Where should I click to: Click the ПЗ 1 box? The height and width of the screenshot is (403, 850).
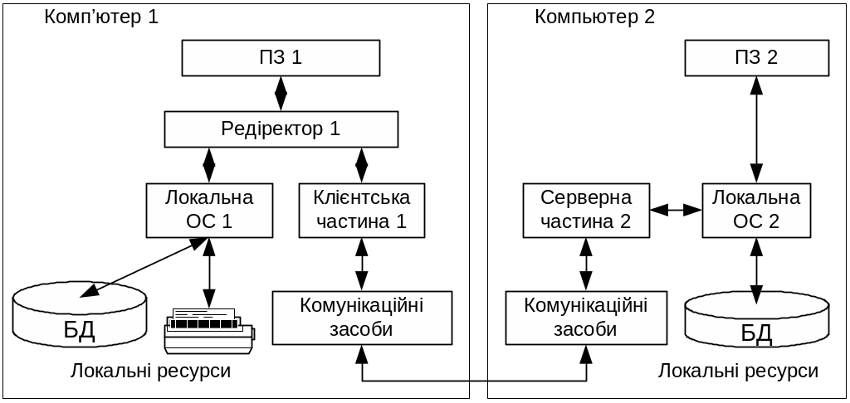281,58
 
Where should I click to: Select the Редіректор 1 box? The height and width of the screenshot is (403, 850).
281,129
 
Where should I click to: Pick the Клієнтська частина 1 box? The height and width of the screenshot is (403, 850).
361,210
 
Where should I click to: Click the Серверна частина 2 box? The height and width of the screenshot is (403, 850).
586,210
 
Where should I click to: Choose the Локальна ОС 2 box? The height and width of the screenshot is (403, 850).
755,210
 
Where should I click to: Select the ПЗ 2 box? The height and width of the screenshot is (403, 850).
755,58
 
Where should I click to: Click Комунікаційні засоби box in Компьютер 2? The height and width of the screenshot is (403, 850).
586,317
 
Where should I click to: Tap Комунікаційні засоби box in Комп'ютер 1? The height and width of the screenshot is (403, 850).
361,317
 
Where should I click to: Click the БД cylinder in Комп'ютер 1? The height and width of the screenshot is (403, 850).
80,318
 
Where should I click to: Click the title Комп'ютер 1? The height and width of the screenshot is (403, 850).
100,17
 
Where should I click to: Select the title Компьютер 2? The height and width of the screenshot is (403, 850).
594,17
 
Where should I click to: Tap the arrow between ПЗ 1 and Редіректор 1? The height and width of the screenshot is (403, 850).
281,94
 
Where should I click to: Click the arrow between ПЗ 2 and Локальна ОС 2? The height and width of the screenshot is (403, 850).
755,130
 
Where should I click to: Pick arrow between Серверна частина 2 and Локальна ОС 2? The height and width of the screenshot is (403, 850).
675,211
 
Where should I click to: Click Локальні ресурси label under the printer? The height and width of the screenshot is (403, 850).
151,371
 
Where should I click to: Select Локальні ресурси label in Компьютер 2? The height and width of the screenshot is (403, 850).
739,371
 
